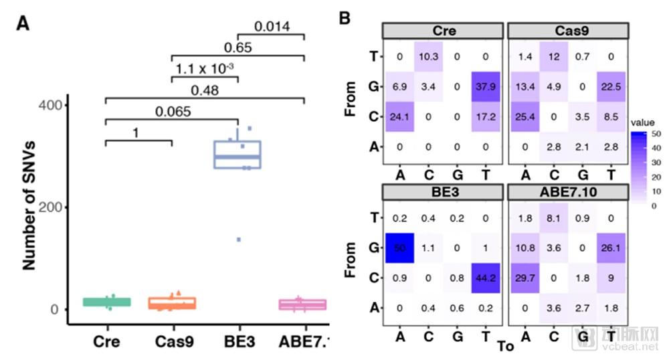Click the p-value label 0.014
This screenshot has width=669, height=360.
click(272, 27)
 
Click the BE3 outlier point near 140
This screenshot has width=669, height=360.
click(237, 240)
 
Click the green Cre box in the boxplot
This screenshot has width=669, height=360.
click(106, 302)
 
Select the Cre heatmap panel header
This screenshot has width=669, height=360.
click(442, 31)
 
